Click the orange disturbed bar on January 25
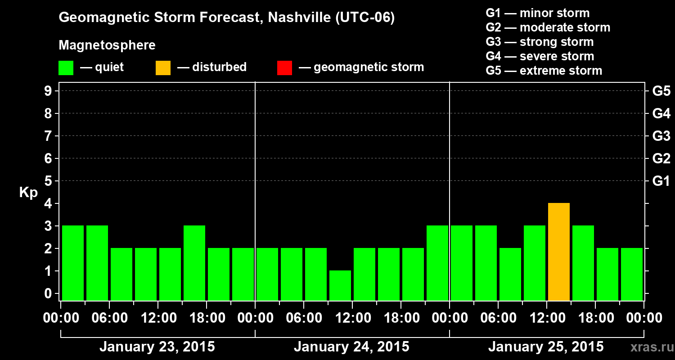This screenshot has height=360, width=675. coord(559,252)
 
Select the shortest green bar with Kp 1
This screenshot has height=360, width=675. coord(340,285)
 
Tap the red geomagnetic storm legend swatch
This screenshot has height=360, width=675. coord(284,68)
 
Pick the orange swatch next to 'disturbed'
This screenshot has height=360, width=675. coord(163,68)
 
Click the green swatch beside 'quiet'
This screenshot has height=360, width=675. coord(66,68)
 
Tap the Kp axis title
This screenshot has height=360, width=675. coord(28,193)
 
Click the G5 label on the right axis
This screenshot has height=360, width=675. coord(661,91)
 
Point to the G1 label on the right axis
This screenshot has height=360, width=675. coord(661,181)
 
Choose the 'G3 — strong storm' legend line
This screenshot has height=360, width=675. coord(540,42)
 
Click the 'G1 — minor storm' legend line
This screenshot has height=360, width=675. coord(537,13)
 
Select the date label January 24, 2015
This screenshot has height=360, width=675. coord(351,347)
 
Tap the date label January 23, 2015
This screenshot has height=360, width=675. coord(157,347)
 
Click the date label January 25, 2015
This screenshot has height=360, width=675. coord(546,347)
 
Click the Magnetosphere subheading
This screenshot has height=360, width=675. coord(107,45)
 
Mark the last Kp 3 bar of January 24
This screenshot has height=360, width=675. coord(437,263)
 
